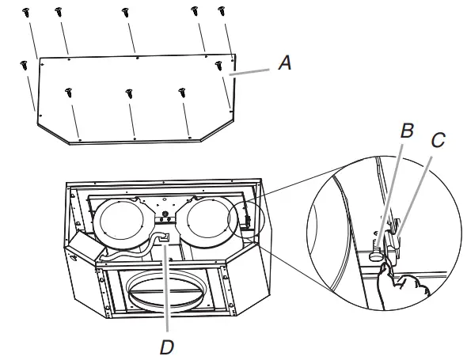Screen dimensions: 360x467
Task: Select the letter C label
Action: [x=438, y=142]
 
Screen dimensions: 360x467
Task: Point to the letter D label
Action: [x=166, y=346]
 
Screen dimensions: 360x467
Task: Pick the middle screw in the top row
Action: [x=125, y=13]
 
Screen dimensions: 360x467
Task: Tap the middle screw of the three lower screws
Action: [x=128, y=94]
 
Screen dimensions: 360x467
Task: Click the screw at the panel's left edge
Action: [x=25, y=65]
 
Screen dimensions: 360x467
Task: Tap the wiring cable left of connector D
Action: [x=127, y=256]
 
